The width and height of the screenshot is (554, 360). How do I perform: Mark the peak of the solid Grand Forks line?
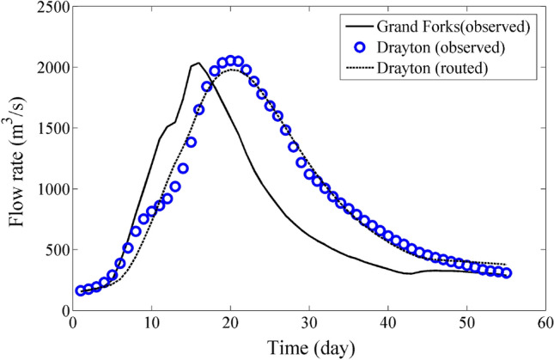coord(198,62)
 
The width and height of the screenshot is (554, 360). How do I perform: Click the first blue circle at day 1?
coord(81,291)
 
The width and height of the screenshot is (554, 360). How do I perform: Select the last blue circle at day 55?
coord(507,273)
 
